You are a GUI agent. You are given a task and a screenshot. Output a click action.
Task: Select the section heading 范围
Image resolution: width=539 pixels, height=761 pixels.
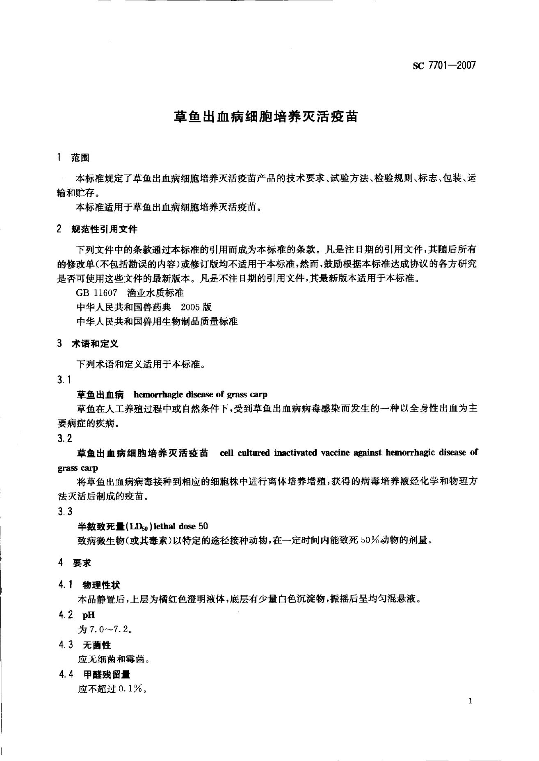80,158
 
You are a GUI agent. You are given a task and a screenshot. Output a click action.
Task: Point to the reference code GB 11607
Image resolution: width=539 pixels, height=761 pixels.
97,293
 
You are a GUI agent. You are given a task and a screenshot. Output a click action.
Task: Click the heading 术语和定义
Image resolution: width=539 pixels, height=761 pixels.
95,343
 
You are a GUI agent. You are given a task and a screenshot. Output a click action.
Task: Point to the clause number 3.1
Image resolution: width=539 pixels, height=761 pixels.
65,379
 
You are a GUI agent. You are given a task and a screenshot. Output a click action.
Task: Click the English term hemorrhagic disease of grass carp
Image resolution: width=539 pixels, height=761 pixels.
200,395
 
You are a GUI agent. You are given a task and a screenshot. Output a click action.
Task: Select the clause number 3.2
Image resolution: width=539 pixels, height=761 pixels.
65,438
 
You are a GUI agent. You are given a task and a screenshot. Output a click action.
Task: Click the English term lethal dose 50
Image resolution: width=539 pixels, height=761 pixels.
181,526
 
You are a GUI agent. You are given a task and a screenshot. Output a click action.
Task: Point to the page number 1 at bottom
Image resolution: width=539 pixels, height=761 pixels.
470,701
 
